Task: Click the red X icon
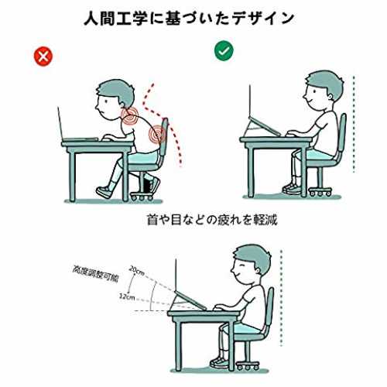pyautogui.click(x=43, y=57)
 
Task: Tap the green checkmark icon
pyautogui.click(x=224, y=51)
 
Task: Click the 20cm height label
pyautogui.click(x=137, y=271)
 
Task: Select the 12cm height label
pyautogui.click(x=127, y=296)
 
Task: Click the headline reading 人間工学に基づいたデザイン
pyautogui.click(x=189, y=18)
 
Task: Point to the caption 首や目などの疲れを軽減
pyautogui.click(x=212, y=220)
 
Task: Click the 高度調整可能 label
pyautogui.click(x=95, y=274)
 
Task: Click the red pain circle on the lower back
pyautogui.click(x=157, y=134)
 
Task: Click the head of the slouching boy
pyautogui.click(x=115, y=99)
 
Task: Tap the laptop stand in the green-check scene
pyautogui.click(x=261, y=127)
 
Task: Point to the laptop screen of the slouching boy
pyautogui.click(x=60, y=125)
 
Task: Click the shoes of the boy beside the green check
pyautogui.click(x=292, y=189)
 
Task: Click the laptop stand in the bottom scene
pyautogui.click(x=188, y=301)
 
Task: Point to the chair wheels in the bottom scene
pyautogui.click(x=248, y=366)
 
